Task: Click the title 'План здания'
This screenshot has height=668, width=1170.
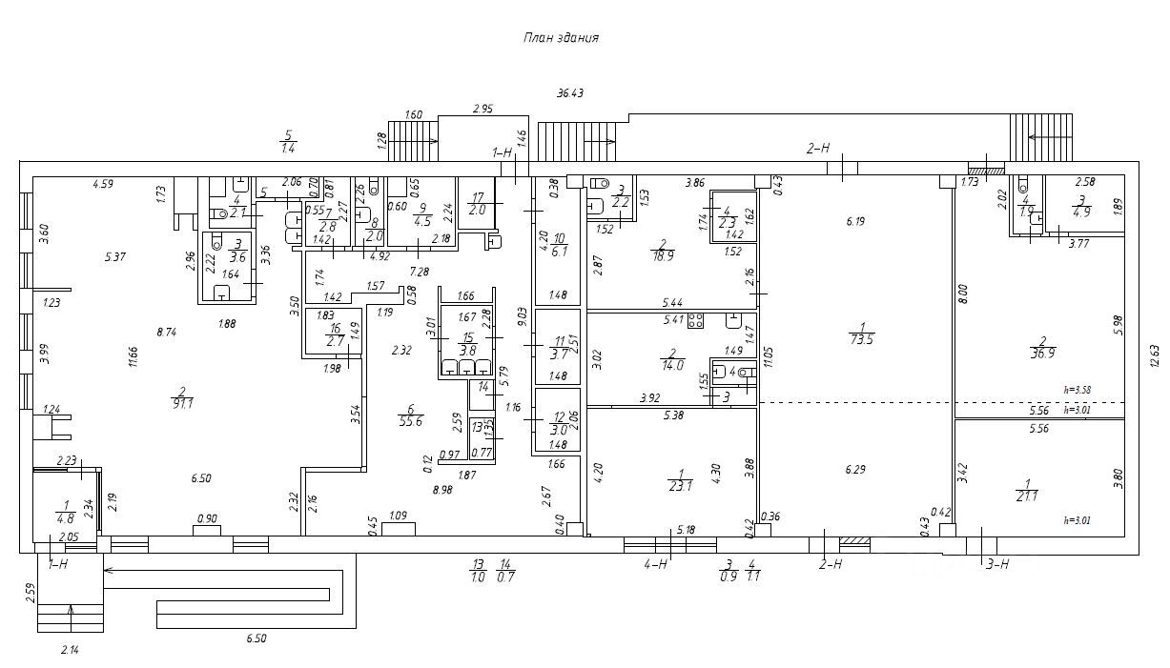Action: (x=560, y=38)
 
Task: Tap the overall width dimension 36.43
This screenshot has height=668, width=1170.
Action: (x=571, y=93)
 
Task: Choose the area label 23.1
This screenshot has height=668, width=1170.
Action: (x=680, y=484)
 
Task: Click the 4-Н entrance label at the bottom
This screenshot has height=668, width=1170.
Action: (x=655, y=564)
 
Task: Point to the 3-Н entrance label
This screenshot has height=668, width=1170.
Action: (x=996, y=564)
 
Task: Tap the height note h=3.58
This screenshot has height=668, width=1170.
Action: (x=1077, y=389)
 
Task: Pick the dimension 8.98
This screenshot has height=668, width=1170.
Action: (x=441, y=490)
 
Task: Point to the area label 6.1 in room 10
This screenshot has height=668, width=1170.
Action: (x=560, y=252)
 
